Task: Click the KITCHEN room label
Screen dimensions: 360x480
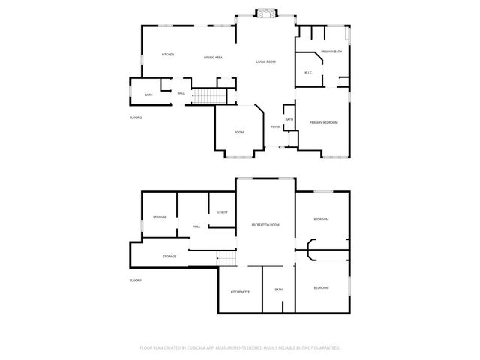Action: pos(168,55)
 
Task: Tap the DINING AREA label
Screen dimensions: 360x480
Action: pos(214,58)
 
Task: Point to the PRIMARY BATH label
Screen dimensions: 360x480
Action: pos(331,51)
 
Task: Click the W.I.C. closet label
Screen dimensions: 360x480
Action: pos(308,72)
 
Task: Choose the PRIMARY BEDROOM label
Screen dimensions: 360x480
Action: pos(324,122)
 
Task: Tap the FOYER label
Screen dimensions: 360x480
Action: pos(275,127)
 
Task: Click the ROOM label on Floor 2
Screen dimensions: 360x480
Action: pos(239,133)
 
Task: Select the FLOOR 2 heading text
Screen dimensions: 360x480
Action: pos(136,118)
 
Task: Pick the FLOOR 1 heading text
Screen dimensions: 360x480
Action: pos(136,280)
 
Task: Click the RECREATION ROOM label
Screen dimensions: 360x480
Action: pos(265,225)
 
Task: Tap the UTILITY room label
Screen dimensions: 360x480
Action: pos(223,212)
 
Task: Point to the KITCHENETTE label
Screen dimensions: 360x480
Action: pos(240,291)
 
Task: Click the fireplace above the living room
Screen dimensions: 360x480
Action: pos(265,13)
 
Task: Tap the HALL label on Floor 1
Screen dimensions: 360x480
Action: pos(196,226)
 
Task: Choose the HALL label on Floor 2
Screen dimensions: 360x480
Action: pos(181,93)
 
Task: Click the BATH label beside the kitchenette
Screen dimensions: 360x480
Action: pos(278,289)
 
